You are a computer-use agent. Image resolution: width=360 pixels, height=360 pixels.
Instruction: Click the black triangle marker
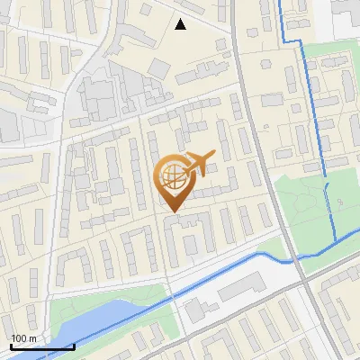181,24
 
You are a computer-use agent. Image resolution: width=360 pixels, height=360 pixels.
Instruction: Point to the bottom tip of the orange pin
172,212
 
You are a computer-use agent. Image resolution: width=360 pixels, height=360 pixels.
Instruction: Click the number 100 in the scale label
20,338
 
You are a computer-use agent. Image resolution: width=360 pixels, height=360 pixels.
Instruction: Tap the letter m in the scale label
34,338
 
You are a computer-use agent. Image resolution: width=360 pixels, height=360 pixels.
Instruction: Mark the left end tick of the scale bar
12,346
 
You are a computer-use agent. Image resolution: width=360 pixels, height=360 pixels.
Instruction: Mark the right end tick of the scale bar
74,346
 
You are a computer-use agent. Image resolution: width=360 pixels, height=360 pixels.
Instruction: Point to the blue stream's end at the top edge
280,3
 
